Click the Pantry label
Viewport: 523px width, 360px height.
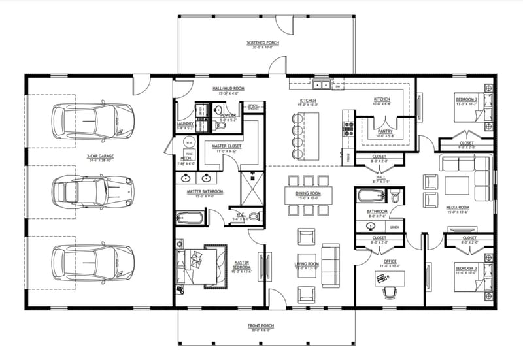384,130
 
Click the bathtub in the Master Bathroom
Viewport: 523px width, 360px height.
190,217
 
